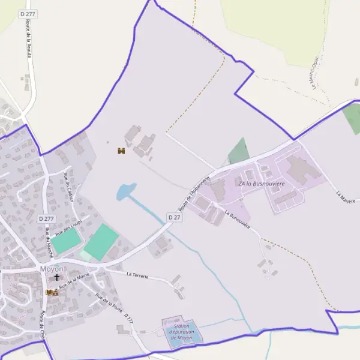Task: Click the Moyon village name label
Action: [52, 269]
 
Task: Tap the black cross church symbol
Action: [58, 278]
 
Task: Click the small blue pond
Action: [125, 191]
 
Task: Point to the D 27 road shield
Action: [174, 217]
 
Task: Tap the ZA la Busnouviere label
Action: [261, 183]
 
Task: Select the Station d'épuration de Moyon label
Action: [182, 332]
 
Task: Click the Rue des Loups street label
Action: [67, 228]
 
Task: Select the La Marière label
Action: [346, 197]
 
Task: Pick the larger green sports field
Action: [101, 241]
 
